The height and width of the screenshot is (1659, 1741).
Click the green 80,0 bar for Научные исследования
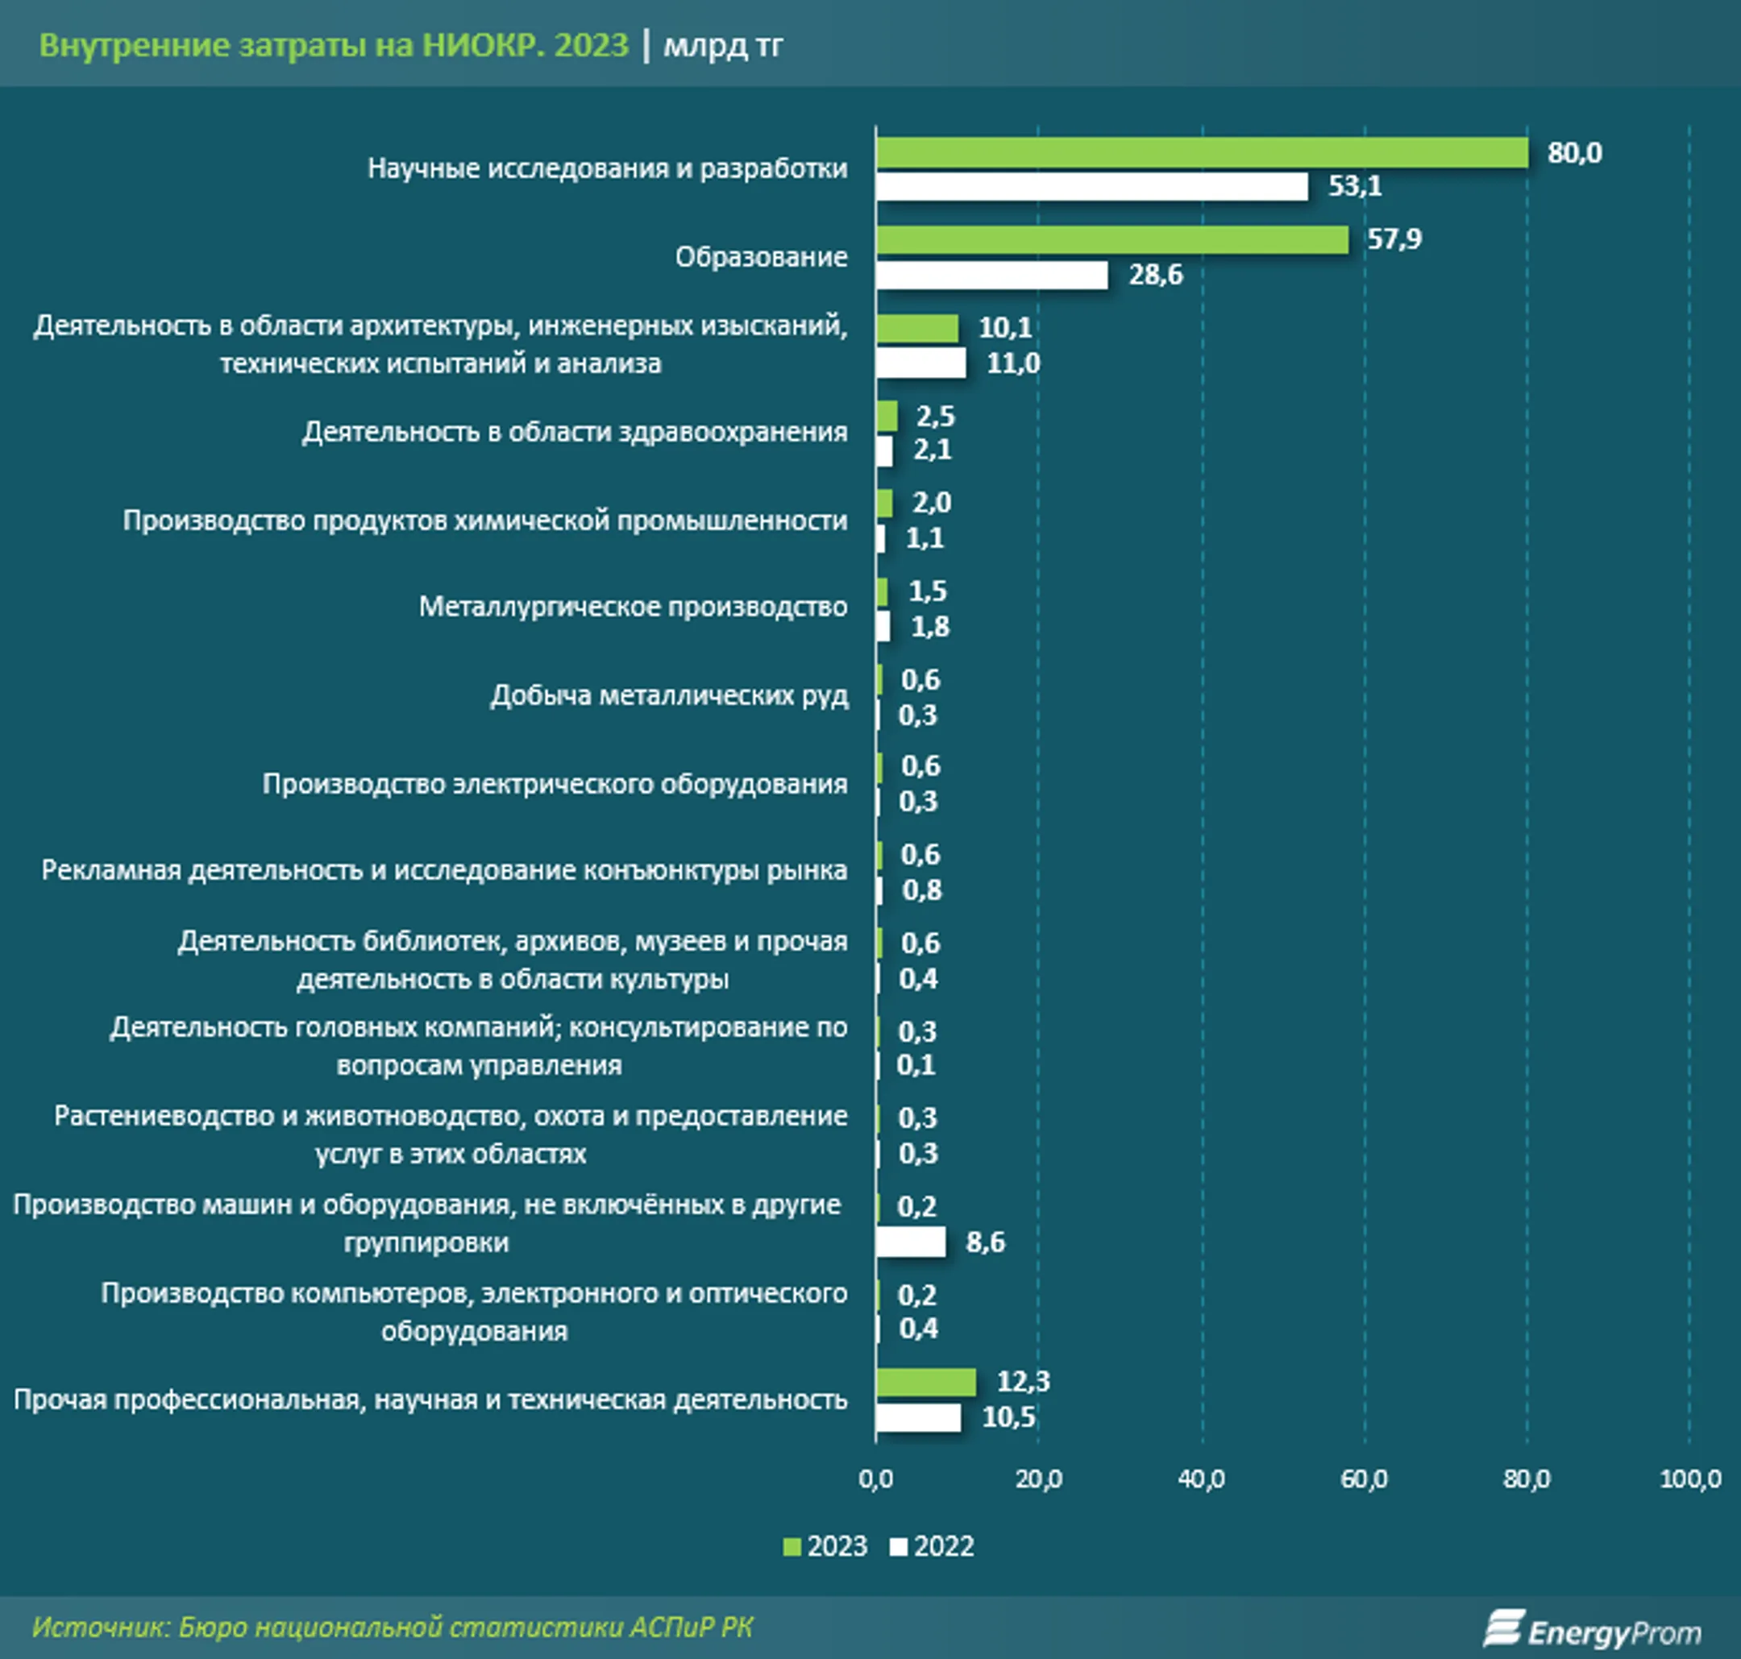(x=1201, y=153)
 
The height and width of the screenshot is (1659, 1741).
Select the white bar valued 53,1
(x=1091, y=187)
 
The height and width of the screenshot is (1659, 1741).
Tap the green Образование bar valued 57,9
(x=1112, y=239)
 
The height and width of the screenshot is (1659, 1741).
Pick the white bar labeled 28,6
(x=991, y=275)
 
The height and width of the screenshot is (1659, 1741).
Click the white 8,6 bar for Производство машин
(x=910, y=1242)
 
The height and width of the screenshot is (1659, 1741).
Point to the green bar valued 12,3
(x=925, y=1382)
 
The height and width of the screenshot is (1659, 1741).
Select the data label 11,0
(x=1013, y=363)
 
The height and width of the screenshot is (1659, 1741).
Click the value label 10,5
(x=1008, y=1417)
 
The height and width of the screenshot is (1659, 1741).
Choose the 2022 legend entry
(x=933, y=1547)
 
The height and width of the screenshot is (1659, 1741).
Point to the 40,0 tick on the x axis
(x=1201, y=1479)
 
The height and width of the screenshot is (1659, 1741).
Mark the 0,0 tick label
(x=876, y=1479)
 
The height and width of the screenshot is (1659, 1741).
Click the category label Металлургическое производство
(x=633, y=607)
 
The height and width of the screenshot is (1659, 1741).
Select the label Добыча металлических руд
(x=669, y=696)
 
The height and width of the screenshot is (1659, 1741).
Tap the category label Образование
(x=761, y=257)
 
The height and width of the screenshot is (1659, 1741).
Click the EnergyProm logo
(x=1593, y=1628)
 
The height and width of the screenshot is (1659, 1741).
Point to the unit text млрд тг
(x=723, y=45)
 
